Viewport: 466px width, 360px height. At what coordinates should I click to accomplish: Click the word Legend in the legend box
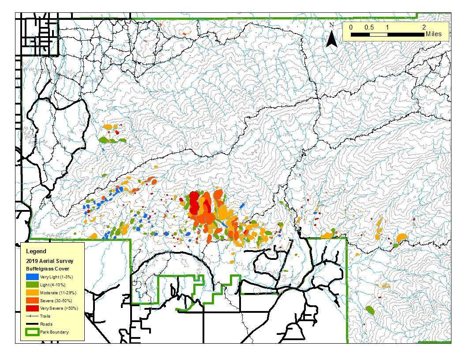tap(36, 251)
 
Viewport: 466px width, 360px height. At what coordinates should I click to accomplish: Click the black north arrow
tap(331, 40)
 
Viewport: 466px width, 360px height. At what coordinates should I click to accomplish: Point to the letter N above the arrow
tap(331, 25)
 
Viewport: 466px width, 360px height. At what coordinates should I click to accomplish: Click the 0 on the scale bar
tap(351, 27)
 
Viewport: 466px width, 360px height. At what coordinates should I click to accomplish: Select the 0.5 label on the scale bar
tap(369, 27)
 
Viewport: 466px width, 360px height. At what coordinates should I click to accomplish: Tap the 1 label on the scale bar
tap(387, 27)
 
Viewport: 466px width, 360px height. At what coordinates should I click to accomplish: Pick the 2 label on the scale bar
tap(424, 27)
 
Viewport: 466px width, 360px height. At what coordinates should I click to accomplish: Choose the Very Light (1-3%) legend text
tap(56, 277)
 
